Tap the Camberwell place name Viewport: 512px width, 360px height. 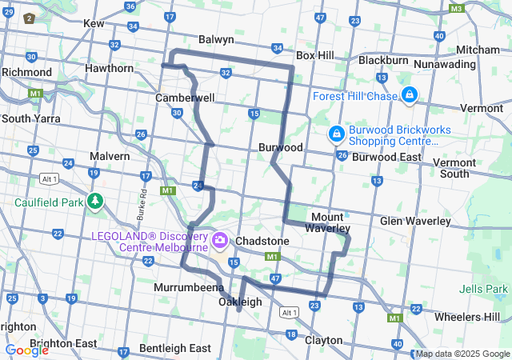pos(185,98)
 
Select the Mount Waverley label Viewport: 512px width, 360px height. pos(327,222)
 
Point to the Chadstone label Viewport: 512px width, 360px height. pos(262,241)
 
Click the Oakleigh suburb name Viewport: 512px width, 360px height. pos(240,302)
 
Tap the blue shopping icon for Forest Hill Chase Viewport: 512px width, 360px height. pos(409,96)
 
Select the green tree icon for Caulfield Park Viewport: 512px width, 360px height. pos(95,200)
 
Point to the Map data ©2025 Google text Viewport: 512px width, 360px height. pos(462,354)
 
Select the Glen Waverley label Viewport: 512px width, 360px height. pos(414,221)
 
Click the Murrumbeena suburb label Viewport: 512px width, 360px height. pos(189,286)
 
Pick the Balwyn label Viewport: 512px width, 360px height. pos(216,39)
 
